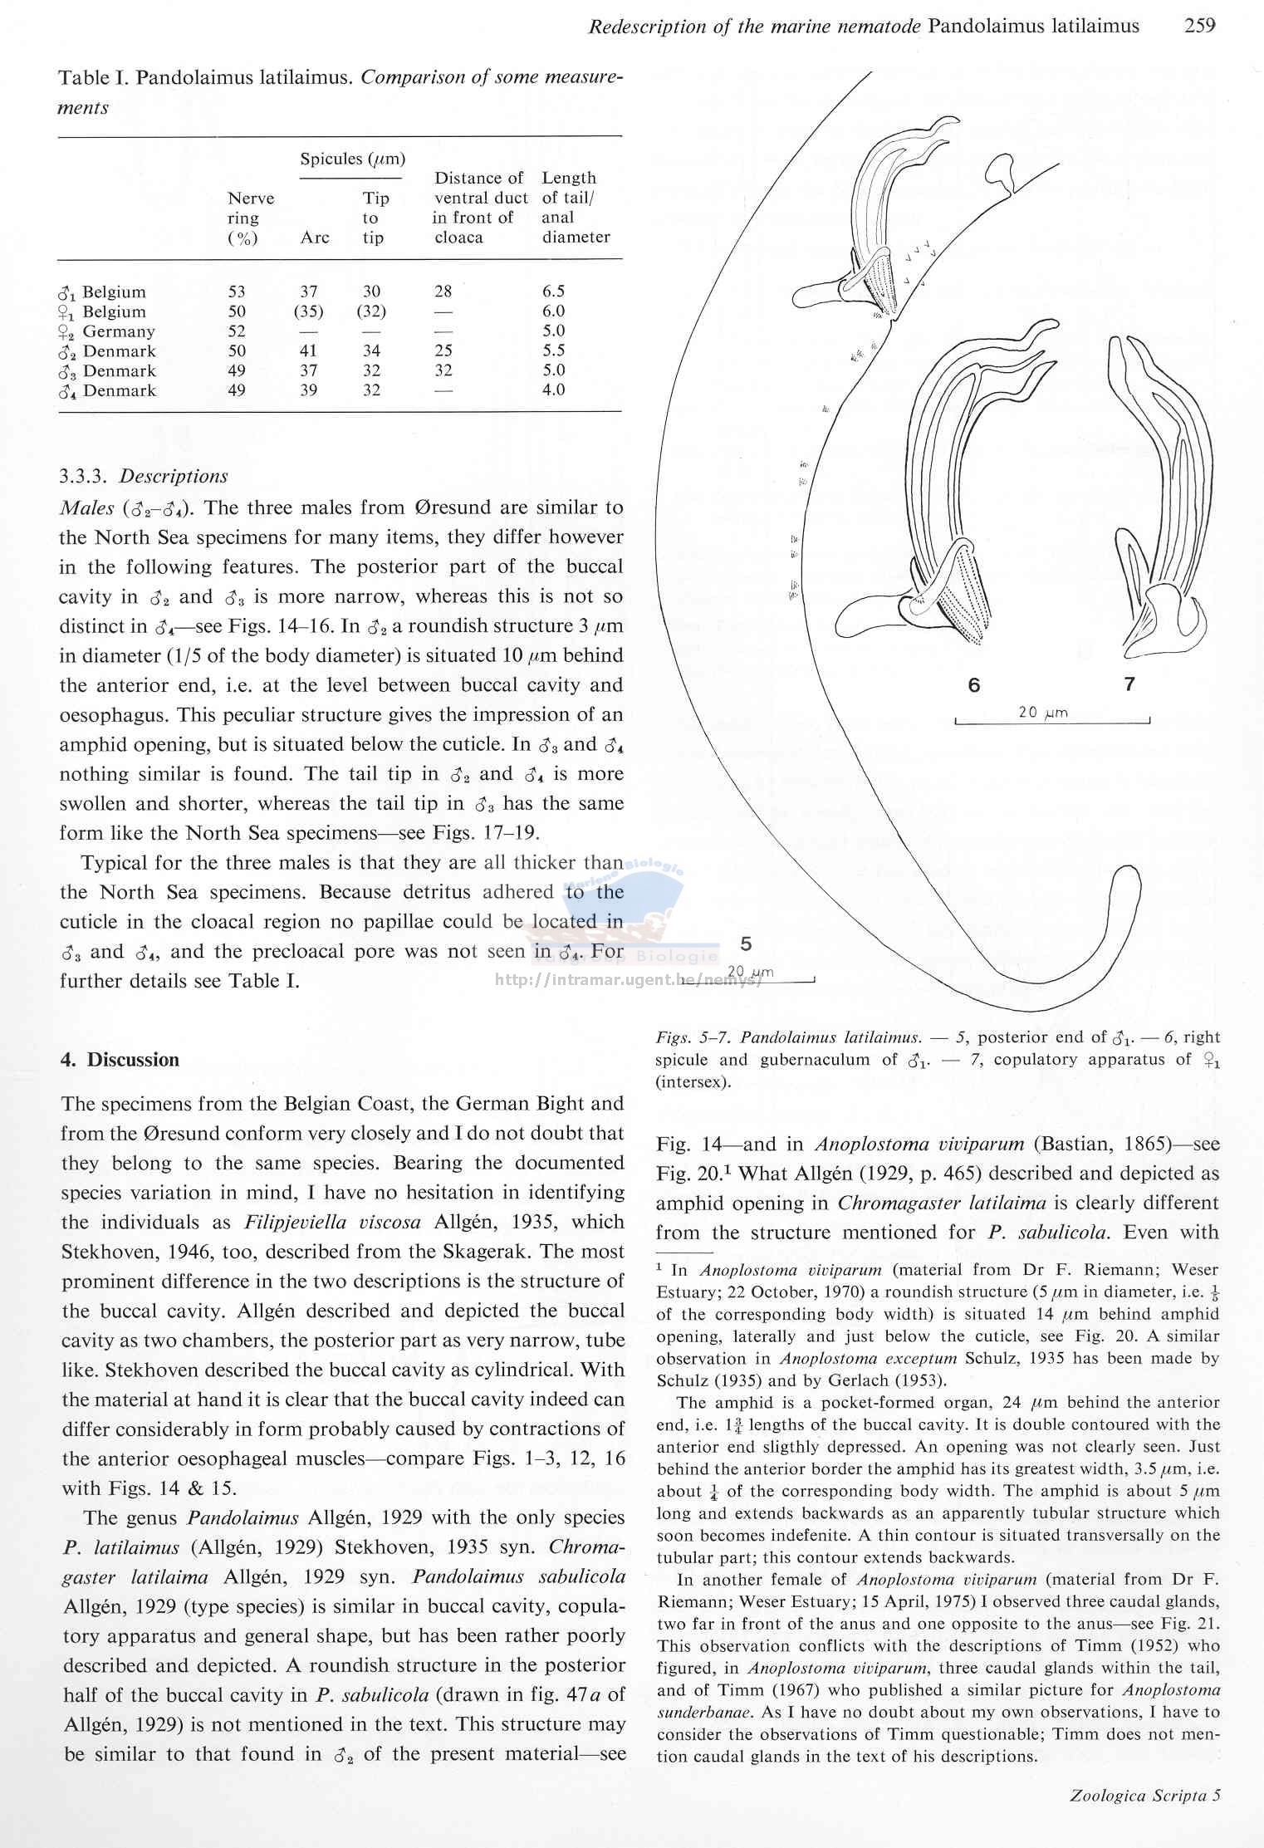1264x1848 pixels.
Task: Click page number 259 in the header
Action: pos(1199,26)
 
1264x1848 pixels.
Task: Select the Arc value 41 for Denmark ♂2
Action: pos(308,351)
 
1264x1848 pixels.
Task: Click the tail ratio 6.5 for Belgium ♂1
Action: pos(553,292)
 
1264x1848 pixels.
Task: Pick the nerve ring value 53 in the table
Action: pos(237,292)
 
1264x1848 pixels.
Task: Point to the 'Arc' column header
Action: pos(315,238)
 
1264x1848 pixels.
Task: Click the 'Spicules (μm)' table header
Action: pos(352,159)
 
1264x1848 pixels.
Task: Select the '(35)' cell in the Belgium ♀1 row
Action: pos(308,311)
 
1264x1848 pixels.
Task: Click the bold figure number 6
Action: pos(973,685)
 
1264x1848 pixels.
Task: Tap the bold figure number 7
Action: pos(1129,684)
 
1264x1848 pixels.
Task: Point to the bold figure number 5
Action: pos(746,944)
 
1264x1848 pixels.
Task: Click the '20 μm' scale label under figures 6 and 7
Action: pos(1043,713)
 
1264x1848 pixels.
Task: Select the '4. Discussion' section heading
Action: pos(120,1060)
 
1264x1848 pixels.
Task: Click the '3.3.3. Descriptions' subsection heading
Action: pos(144,477)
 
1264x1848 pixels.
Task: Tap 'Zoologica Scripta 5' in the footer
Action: pos(1144,1796)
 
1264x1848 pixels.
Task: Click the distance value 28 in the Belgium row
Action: pos(443,292)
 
